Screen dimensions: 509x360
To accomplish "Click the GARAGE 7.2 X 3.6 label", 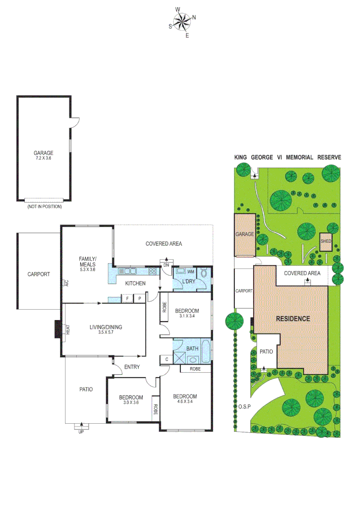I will coord(43,155).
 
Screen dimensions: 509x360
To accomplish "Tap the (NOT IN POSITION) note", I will coord(44,206).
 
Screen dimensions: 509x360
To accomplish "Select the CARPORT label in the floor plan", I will coord(38,274).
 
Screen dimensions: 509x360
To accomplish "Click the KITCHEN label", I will coord(135,283).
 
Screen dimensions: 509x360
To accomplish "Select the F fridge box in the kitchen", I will coord(127,298).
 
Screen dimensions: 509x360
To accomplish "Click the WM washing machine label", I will coord(190,272).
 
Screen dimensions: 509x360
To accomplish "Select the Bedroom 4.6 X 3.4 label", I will coord(185,399).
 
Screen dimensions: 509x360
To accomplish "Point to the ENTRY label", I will coord(131,367).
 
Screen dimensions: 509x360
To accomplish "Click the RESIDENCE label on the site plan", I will coord(293,319).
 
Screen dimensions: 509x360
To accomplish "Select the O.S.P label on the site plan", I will coord(243,406).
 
